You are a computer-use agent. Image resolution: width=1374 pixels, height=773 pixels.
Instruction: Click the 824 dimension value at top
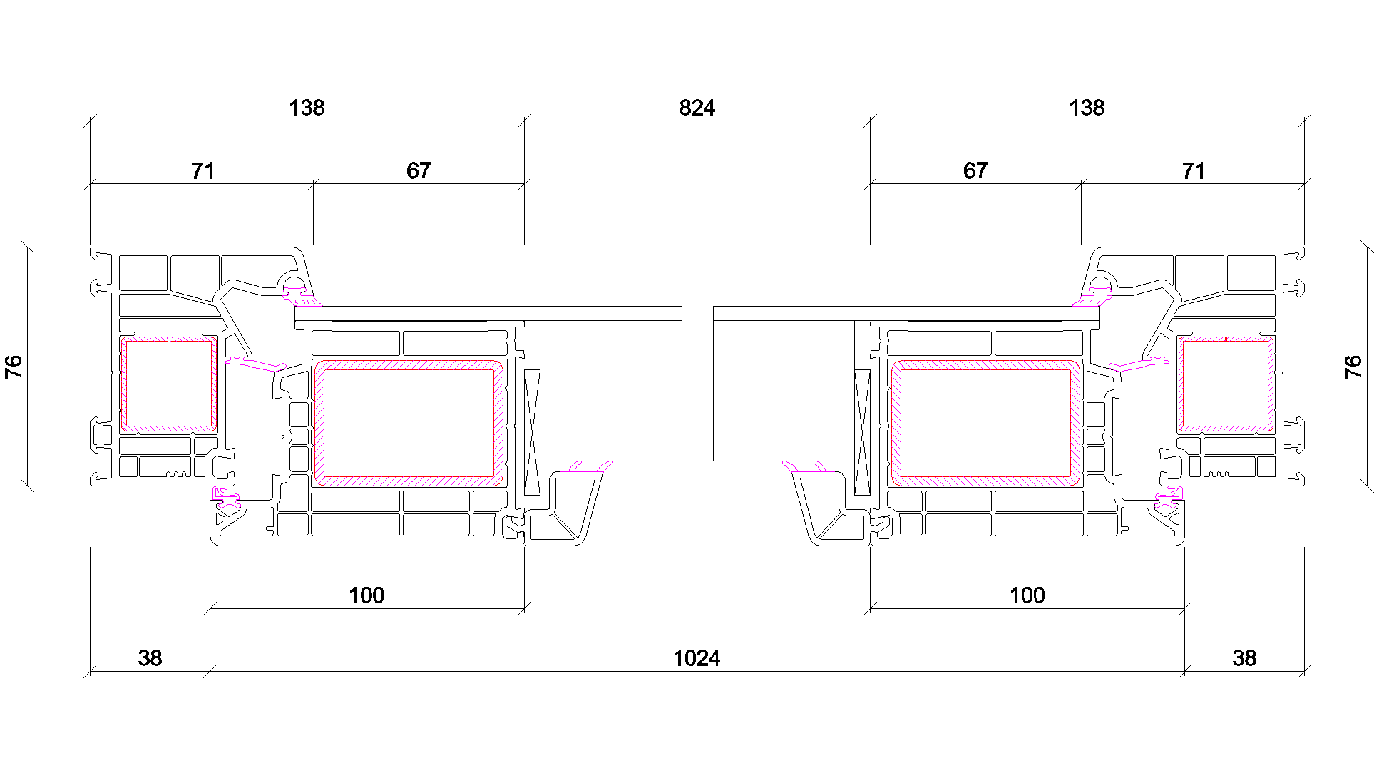pyautogui.click(x=697, y=108)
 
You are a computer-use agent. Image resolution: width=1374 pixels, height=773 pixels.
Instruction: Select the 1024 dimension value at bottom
pyautogui.click(x=697, y=658)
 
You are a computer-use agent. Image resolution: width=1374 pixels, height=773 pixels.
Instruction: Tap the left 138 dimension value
pyautogui.click(x=307, y=108)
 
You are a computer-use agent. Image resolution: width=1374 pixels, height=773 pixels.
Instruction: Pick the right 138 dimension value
pyautogui.click(x=1087, y=108)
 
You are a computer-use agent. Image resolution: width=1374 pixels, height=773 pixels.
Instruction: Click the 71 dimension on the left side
pyautogui.click(x=202, y=171)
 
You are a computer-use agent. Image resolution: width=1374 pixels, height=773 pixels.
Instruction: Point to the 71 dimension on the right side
pyautogui.click(x=1194, y=171)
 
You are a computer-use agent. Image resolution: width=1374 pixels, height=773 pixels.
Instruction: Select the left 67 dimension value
pyautogui.click(x=419, y=171)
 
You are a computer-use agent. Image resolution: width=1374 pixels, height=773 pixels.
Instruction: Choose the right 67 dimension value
pyautogui.click(x=975, y=171)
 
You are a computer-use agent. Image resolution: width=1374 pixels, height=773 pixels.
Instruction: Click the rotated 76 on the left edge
pyautogui.click(x=14, y=367)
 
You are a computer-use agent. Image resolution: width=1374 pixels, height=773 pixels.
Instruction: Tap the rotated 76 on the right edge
pyautogui.click(x=1353, y=367)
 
